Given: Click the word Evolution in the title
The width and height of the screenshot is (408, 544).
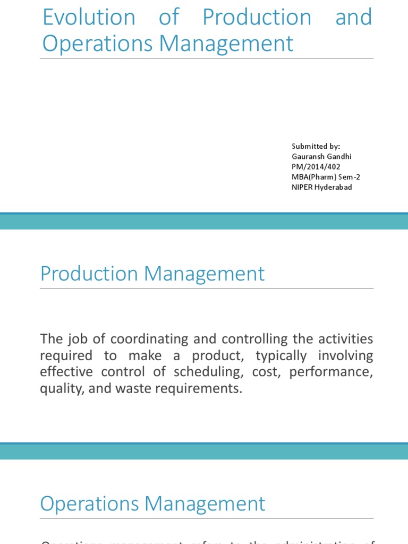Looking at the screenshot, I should pyautogui.click(x=89, y=18).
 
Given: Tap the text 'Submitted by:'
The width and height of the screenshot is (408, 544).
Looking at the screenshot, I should pyautogui.click(x=316, y=146).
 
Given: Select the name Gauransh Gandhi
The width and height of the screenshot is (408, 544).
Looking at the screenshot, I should pyautogui.click(x=321, y=156).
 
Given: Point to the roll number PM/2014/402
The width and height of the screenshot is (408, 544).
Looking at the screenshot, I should pyautogui.click(x=316, y=167).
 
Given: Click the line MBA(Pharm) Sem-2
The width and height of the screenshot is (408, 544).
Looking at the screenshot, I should pyautogui.click(x=326, y=177).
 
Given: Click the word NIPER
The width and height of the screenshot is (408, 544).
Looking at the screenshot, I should pyautogui.click(x=302, y=187).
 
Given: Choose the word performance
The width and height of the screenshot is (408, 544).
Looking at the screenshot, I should pyautogui.click(x=330, y=372).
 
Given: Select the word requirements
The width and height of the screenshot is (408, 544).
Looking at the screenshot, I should pyautogui.click(x=194, y=388).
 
